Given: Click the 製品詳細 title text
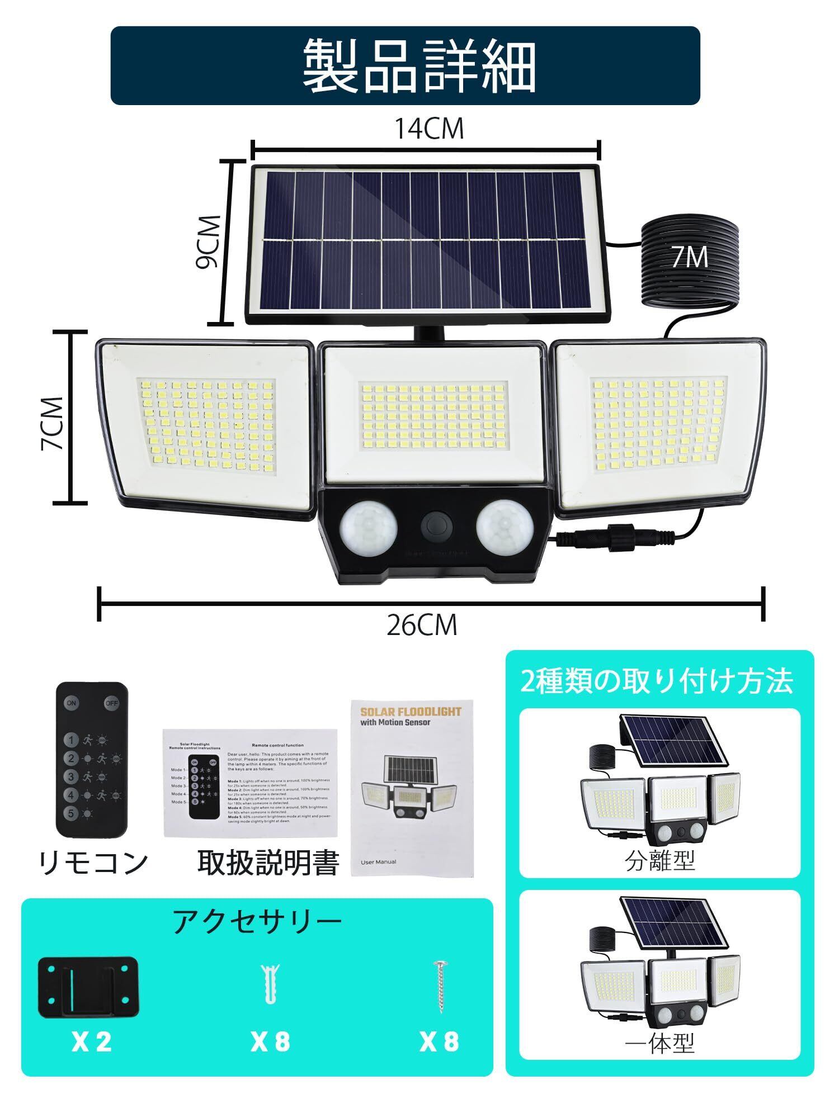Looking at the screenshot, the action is click(x=419, y=66).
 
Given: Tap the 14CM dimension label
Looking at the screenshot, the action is click(x=429, y=129).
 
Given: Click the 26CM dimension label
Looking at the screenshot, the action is click(x=422, y=625).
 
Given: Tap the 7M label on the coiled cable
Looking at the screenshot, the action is click(x=690, y=257).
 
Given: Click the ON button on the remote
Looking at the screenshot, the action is click(x=72, y=703).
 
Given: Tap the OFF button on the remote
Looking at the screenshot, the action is click(x=111, y=703).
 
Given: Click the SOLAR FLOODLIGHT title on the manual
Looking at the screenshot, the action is click(x=411, y=712).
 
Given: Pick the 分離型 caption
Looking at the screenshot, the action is click(x=660, y=861).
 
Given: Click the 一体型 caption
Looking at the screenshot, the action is click(x=660, y=1043).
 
